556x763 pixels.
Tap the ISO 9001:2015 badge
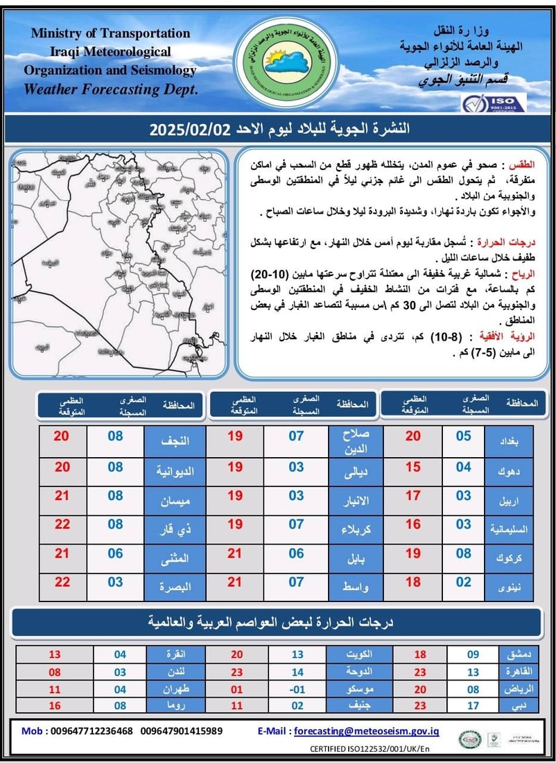click(494, 102)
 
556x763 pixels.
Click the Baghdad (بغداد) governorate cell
click(509, 440)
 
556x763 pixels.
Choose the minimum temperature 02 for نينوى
click(463, 583)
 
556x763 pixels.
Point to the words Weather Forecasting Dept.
click(111, 89)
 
